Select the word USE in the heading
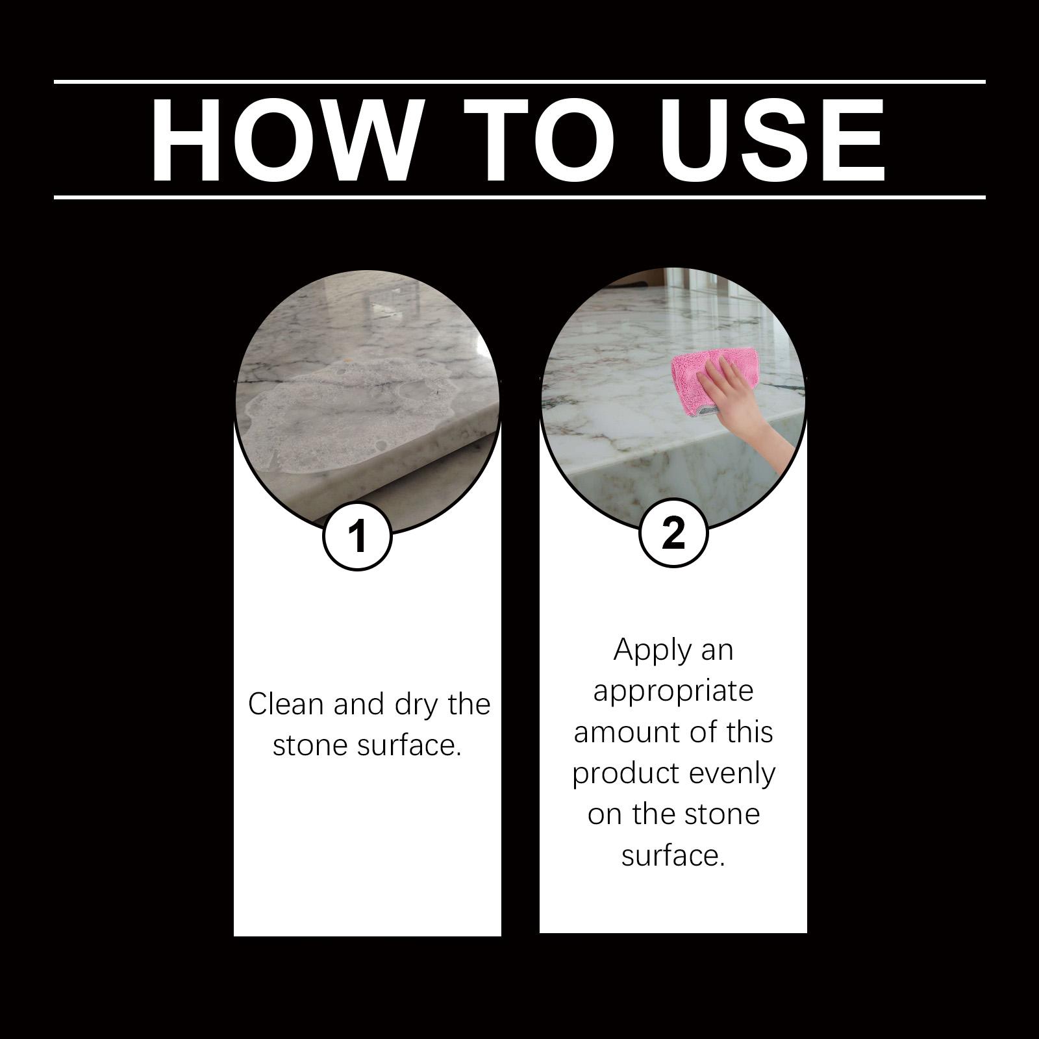coord(773,140)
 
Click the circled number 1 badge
coord(357,537)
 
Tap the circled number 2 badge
coord(673,534)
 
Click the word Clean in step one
coord(286,705)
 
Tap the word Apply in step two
coord(645,651)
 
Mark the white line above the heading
coord(519,82)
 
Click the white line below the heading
coord(519,197)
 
